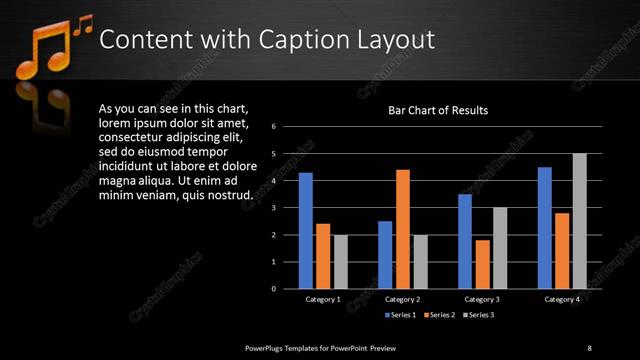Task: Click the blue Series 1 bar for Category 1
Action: pyautogui.click(x=305, y=231)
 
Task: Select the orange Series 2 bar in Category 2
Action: pyautogui.click(x=403, y=229)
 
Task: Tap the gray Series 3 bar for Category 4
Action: pyautogui.click(x=579, y=221)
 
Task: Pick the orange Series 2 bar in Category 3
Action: pyautogui.click(x=483, y=264)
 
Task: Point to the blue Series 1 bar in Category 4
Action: pyautogui.click(x=545, y=228)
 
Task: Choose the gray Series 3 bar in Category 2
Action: pyautogui.click(x=420, y=262)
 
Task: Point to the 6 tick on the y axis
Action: pyautogui.click(x=287, y=127)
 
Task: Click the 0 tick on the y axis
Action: pyautogui.click(x=287, y=289)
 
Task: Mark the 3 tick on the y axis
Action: pyautogui.click(x=287, y=208)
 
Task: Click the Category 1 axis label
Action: pyautogui.click(x=322, y=299)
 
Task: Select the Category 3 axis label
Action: pyautogui.click(x=482, y=299)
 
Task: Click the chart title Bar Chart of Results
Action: pyautogui.click(x=438, y=110)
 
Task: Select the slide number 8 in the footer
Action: pyautogui.click(x=589, y=347)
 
